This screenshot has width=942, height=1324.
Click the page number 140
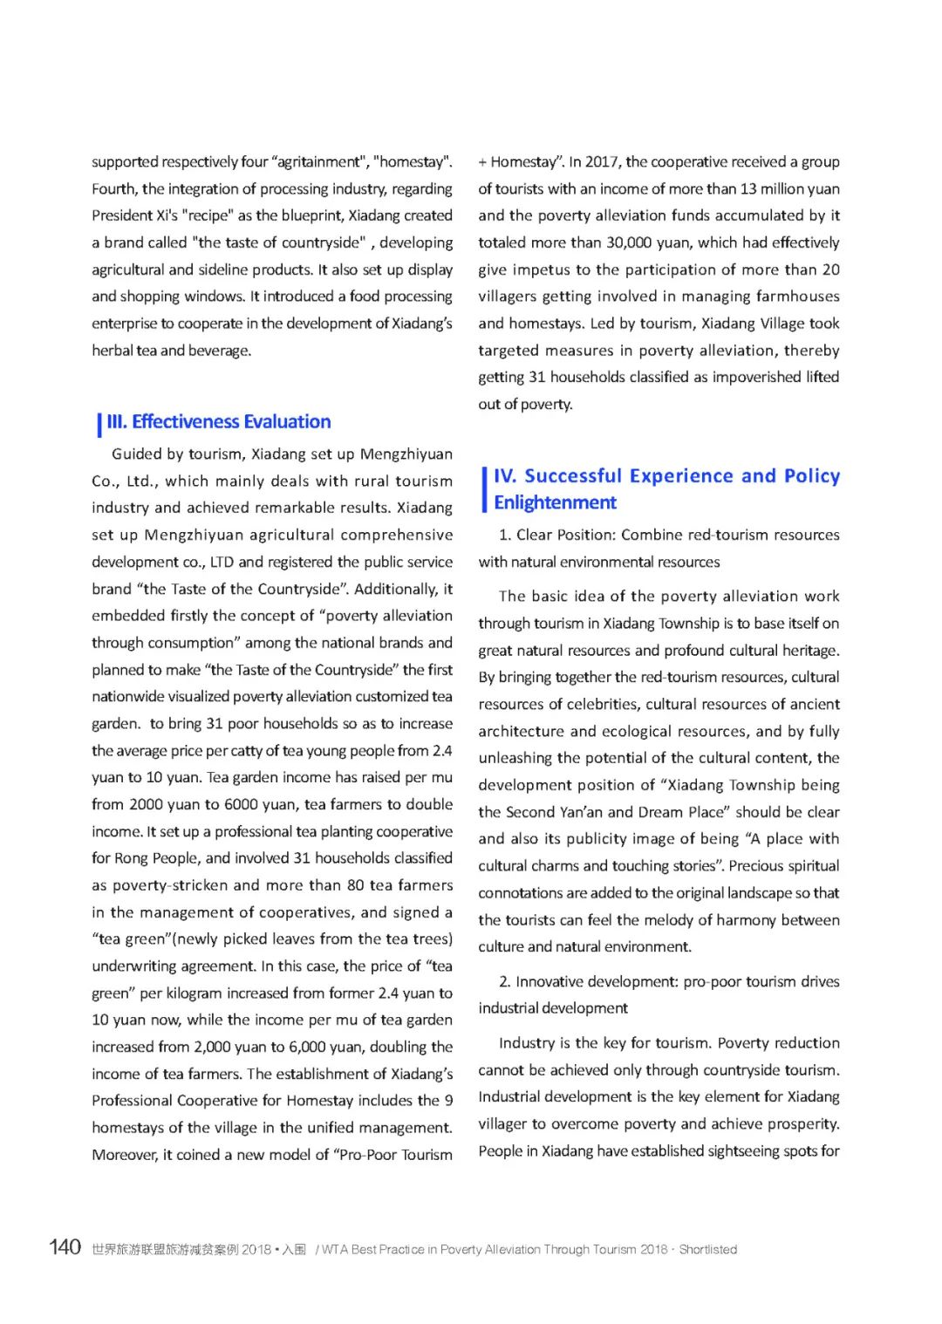pos(65,1247)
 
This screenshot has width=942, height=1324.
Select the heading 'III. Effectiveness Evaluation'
pos(218,422)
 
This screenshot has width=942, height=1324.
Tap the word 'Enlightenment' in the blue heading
pos(555,502)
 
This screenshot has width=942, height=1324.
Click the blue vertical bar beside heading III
pos(99,424)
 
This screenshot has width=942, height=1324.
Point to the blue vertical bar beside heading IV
pos(484,489)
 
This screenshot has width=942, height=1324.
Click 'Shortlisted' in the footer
pos(708,1250)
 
